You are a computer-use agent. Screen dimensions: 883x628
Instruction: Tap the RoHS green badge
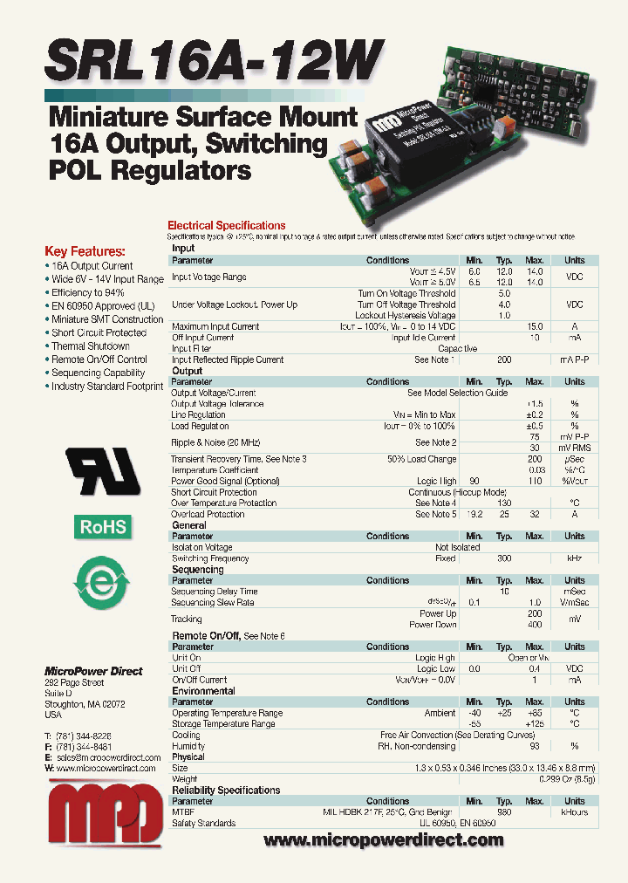point(104,527)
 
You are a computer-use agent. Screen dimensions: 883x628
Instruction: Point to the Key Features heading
point(85,250)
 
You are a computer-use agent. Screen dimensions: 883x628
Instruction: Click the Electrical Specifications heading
point(226,226)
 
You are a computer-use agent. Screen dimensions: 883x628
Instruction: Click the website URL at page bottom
point(383,840)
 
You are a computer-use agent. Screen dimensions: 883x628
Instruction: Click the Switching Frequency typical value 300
point(504,558)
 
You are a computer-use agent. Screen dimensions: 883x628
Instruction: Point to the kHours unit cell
point(574,812)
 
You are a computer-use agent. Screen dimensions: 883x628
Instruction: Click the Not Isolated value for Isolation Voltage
point(457,548)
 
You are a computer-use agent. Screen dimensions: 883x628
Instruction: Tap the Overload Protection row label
point(208,514)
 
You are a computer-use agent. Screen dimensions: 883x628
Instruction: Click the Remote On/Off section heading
point(206,636)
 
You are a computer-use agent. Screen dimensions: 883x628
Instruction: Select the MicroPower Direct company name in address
point(93,671)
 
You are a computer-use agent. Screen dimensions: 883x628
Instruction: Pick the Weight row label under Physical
point(185,779)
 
